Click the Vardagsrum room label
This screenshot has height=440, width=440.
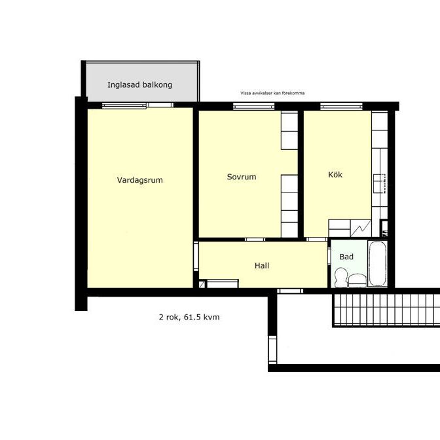pos(139,180)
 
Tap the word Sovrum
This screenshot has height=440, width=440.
pos(241,177)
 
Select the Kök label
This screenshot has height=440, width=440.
pos(335,175)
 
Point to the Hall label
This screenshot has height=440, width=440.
pos(262,266)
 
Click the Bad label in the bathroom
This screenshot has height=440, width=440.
pos(346,257)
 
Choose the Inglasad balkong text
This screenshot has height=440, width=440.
pos(139,85)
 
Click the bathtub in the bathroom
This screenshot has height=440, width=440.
pos(378,265)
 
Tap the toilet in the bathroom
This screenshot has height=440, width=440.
pos(341,278)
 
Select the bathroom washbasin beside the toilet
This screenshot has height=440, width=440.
pos(357,280)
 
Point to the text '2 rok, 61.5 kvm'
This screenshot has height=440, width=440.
pos(189,317)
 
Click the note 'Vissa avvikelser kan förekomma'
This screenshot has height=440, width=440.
pos(272,93)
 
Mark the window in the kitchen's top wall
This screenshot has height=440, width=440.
pos(331,105)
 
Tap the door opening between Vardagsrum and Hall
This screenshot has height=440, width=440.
pos(195,255)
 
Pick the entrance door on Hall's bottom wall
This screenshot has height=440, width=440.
pos(290,290)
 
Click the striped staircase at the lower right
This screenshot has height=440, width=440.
pos(386,310)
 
